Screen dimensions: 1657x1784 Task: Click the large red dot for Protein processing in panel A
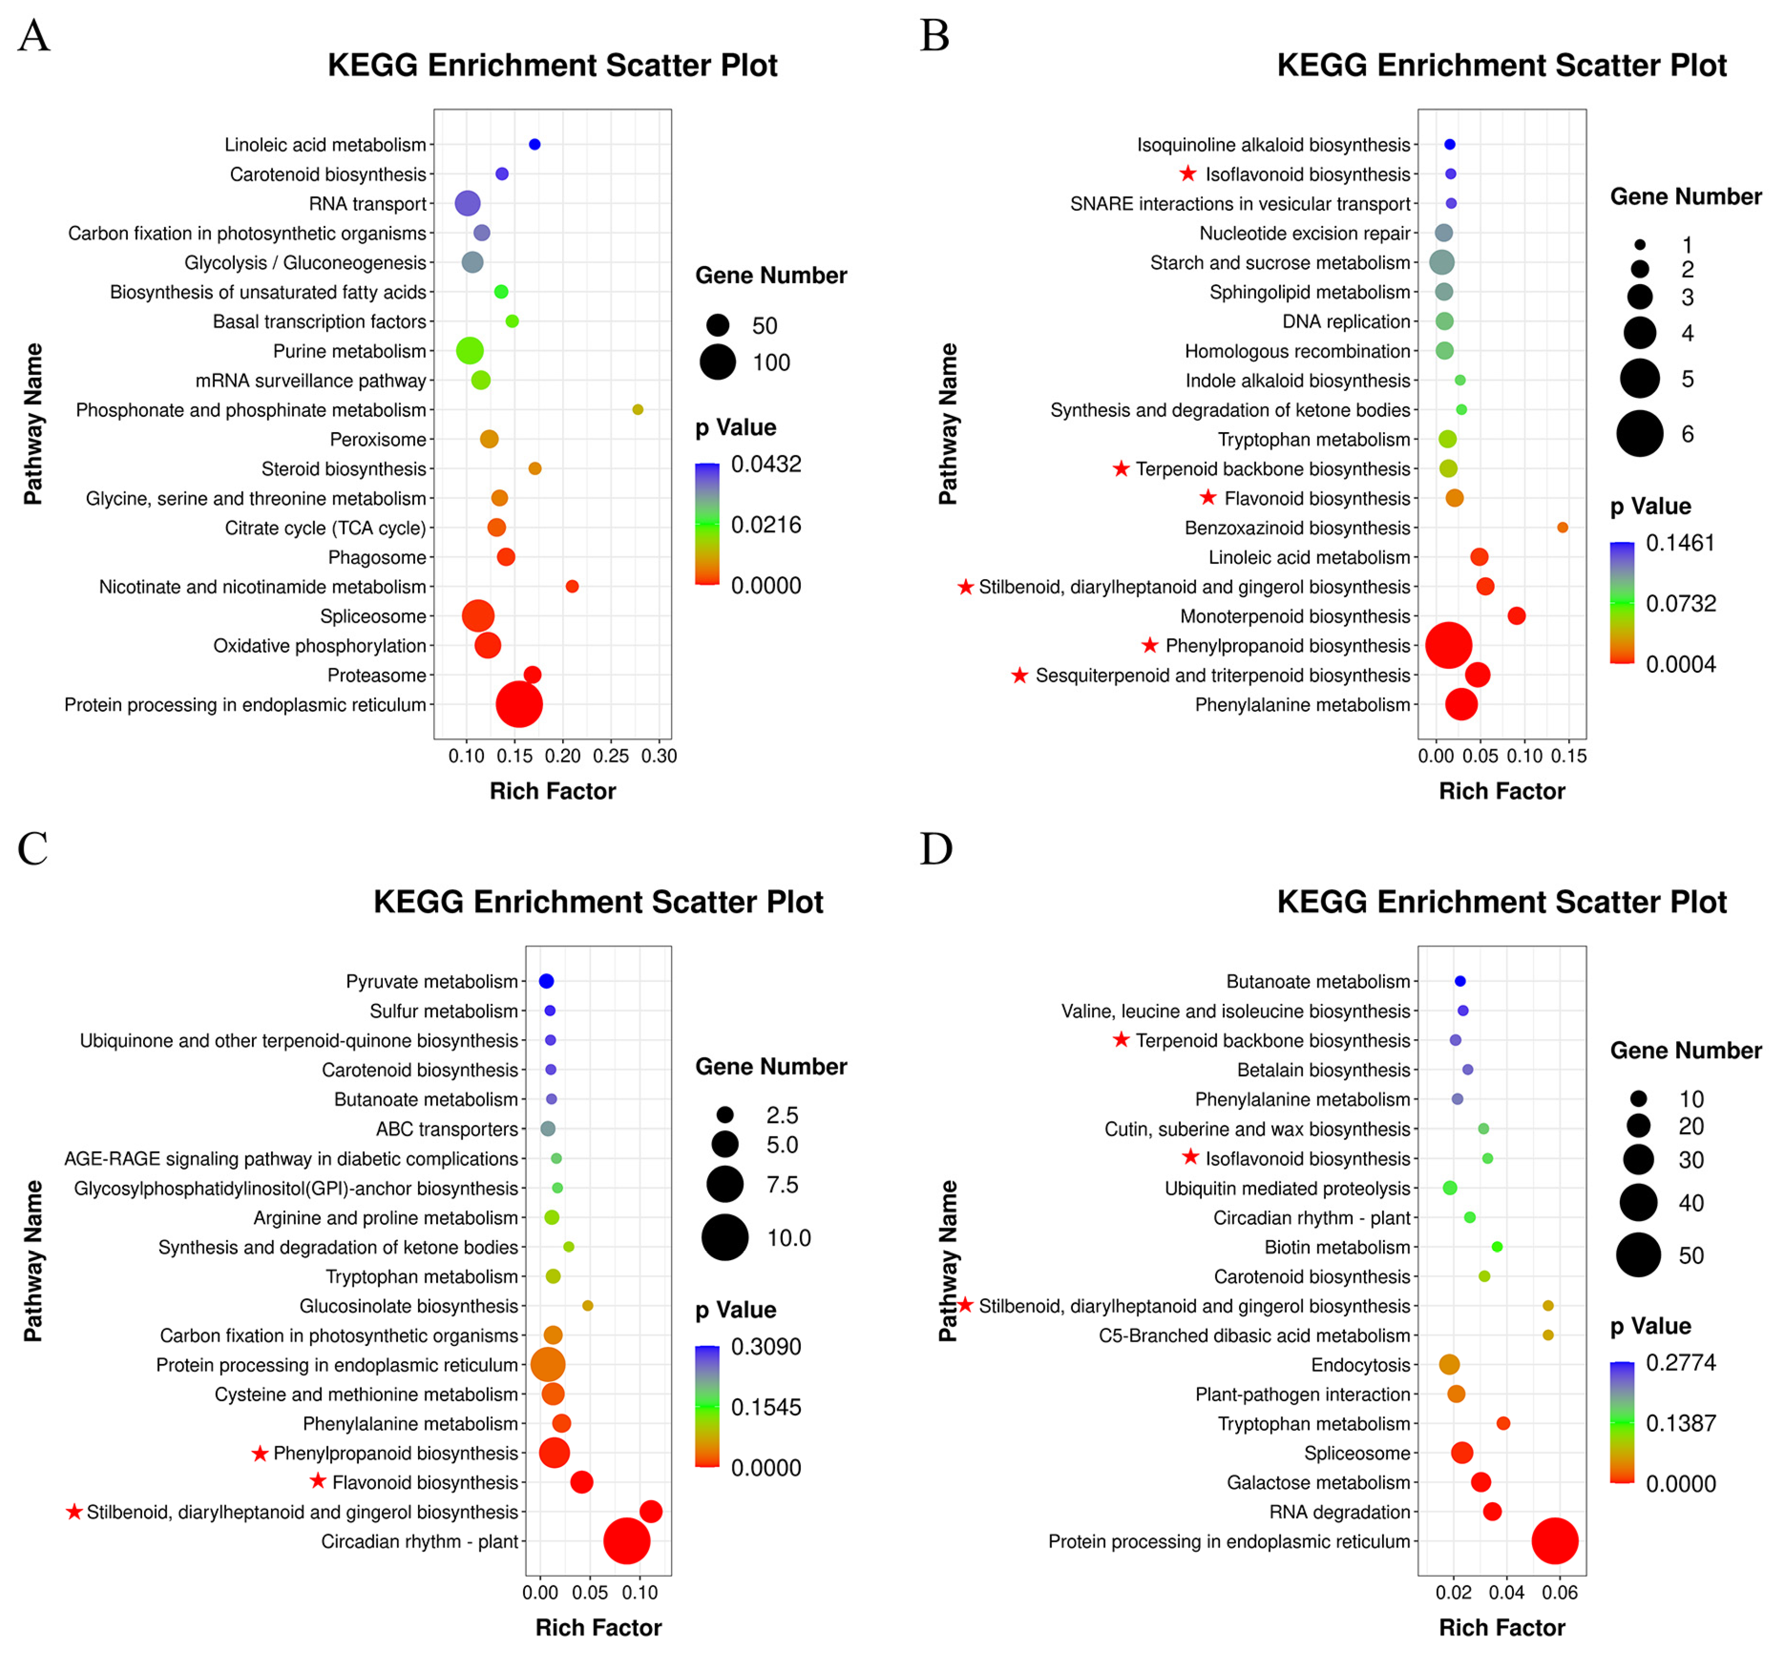click(x=519, y=705)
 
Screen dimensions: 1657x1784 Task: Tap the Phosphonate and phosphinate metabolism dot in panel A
click(x=638, y=410)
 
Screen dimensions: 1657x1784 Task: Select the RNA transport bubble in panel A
click(x=467, y=203)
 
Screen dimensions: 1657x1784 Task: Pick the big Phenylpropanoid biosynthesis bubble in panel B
click(x=1449, y=646)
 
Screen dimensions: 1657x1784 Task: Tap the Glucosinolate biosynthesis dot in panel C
click(x=588, y=1306)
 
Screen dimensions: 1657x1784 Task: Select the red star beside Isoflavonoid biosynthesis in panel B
click(x=1188, y=173)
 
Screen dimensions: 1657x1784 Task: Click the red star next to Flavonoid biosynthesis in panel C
click(x=318, y=1481)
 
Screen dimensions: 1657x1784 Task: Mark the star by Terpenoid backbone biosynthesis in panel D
click(x=1120, y=1039)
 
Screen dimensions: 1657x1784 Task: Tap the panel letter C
click(x=33, y=848)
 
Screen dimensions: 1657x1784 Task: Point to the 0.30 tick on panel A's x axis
click(x=659, y=756)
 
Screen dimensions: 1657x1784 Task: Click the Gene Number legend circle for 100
click(x=718, y=362)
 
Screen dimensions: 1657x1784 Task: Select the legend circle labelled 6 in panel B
click(x=1639, y=434)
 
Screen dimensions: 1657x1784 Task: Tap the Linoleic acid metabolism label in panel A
click(x=324, y=145)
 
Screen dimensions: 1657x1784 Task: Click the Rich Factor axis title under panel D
click(x=1502, y=1628)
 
